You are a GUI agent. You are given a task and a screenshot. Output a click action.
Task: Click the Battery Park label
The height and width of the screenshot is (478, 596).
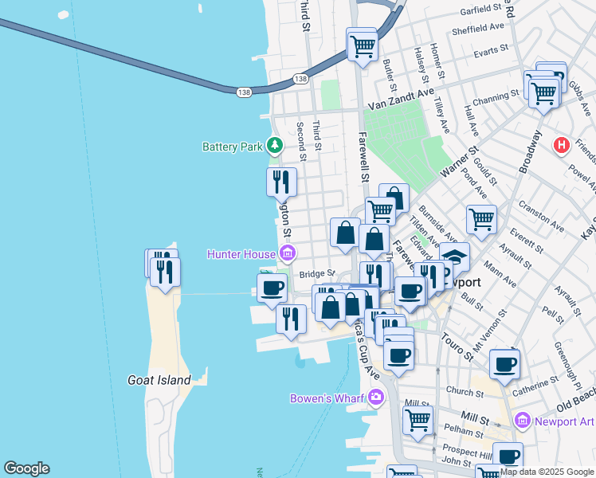coord(232,147)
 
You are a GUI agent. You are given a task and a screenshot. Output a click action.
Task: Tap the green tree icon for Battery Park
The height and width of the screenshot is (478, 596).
coord(275,145)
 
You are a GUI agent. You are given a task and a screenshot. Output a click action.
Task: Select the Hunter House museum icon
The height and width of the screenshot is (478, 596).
coord(287,254)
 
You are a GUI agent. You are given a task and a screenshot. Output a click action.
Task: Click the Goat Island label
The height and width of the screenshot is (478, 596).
coord(159,380)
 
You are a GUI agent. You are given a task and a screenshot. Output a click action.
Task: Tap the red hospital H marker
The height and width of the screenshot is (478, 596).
coord(562,145)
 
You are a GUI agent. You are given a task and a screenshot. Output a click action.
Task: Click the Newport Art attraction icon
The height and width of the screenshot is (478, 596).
coord(523,420)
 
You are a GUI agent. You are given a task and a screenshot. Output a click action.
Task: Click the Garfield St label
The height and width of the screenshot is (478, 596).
coord(484,10)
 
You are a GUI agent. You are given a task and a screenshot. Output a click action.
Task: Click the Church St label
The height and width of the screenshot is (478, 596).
coord(461,391)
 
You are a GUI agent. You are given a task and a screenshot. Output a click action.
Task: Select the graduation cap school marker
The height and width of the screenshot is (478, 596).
coord(454,257)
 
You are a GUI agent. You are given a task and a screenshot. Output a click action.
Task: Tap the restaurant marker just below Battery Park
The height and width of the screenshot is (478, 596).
coord(281,182)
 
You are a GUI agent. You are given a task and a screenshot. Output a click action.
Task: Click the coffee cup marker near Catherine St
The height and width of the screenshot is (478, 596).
coord(505,365)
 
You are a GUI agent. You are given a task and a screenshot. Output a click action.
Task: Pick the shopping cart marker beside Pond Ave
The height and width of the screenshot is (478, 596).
coord(481,219)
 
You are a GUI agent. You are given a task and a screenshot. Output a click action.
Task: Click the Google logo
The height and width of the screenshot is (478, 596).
coord(26,468)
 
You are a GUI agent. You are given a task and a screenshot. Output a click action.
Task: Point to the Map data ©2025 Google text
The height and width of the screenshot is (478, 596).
coord(546,472)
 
